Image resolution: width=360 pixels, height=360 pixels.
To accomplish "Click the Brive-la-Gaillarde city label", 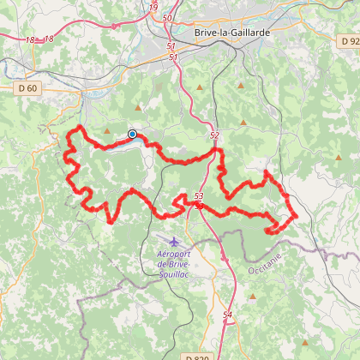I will (x=233, y=32).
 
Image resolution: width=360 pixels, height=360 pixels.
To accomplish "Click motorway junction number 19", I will (x=153, y=8).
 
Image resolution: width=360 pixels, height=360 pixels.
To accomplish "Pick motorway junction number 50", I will (x=166, y=17).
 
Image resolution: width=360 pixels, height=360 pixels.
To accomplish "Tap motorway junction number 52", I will (x=213, y=135).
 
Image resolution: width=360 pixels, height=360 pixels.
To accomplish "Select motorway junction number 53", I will (x=199, y=196).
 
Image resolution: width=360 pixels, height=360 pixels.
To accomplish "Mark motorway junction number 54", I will (x=227, y=315).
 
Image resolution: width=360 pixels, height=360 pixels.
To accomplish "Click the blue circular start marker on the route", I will (x=132, y=134).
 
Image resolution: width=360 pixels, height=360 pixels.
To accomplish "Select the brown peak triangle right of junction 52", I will (x=243, y=122).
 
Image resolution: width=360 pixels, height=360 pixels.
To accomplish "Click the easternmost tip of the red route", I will (x=297, y=215).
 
